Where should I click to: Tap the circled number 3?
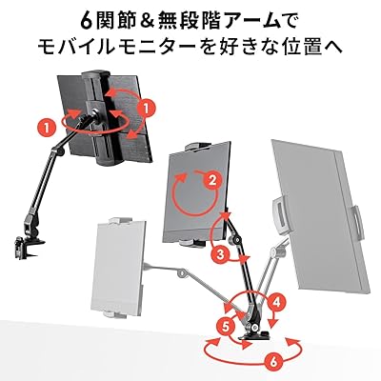click(220, 254)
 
